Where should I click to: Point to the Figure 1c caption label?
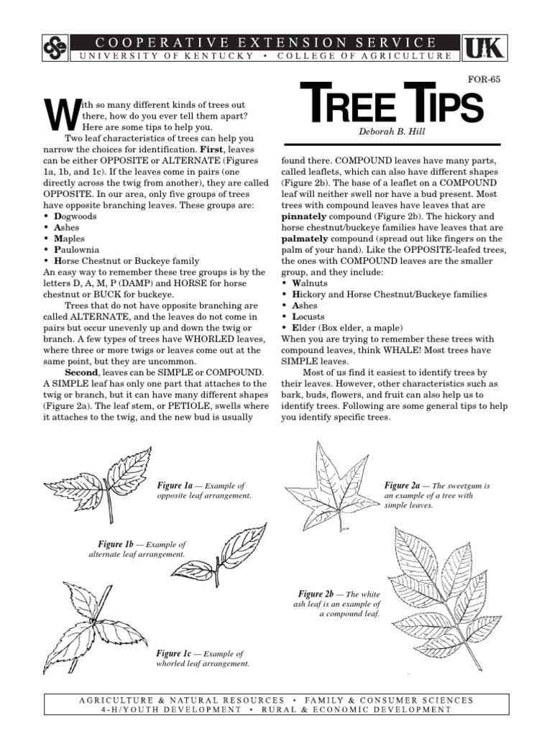pos(174,653)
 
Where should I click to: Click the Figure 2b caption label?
pos(316,594)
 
